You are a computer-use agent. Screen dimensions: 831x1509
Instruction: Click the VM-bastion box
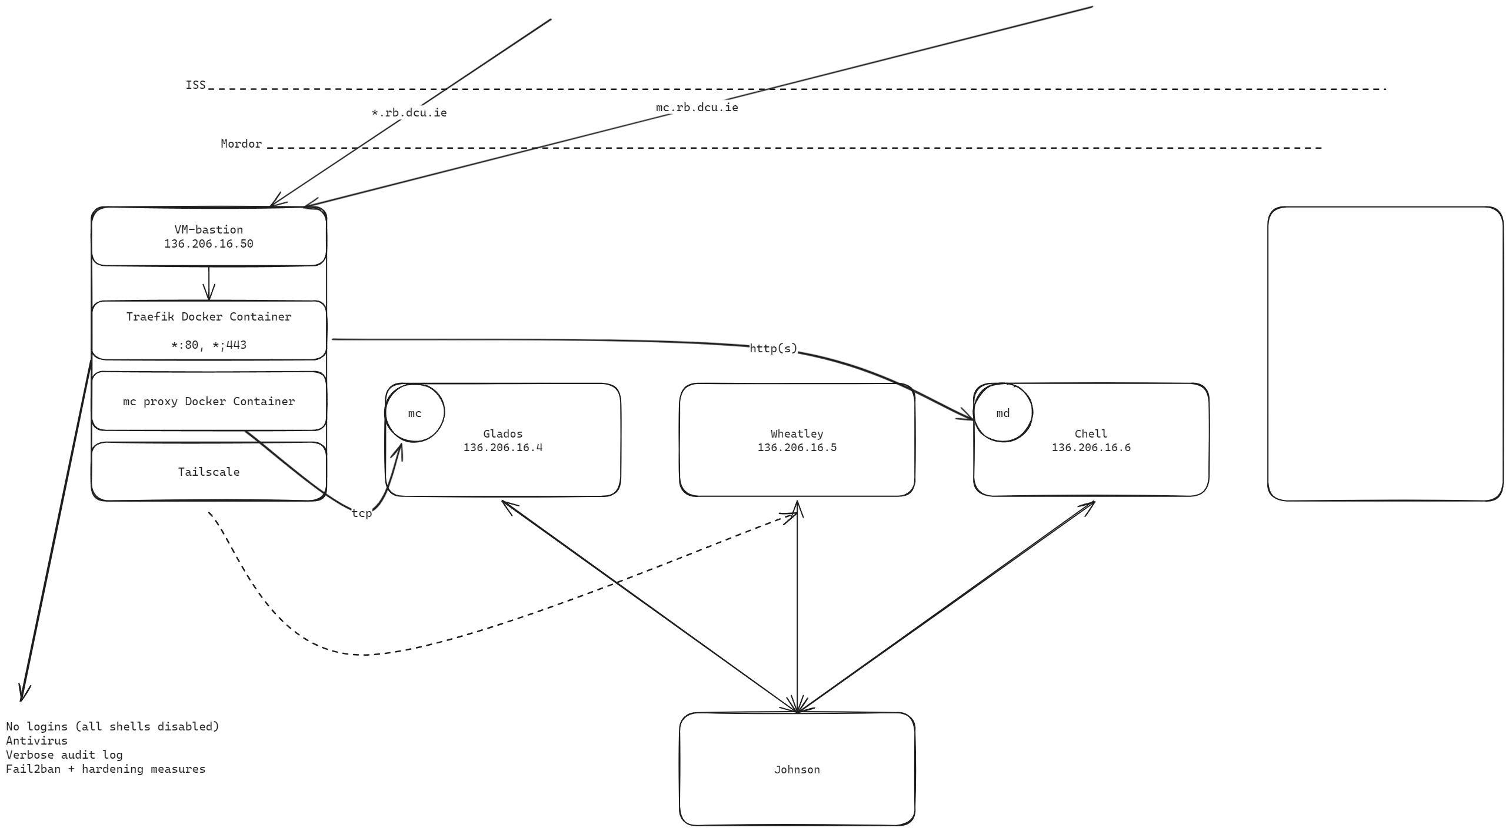(x=209, y=236)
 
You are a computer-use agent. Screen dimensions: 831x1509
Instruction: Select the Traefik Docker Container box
(x=209, y=329)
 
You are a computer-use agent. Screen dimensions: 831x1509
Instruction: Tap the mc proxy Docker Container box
(x=209, y=401)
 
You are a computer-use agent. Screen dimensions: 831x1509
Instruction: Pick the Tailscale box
(x=209, y=472)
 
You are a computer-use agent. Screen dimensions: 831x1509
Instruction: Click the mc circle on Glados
(x=415, y=413)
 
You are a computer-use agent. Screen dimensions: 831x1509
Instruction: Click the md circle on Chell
(x=1003, y=413)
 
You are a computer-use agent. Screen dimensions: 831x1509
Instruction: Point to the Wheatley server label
(x=797, y=433)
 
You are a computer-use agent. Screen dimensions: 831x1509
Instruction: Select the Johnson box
(x=797, y=769)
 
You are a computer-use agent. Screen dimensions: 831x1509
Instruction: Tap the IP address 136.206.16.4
(x=502, y=448)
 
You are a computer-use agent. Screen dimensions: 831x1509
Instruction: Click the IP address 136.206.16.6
(x=1091, y=448)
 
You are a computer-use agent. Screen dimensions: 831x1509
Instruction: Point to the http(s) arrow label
(x=773, y=348)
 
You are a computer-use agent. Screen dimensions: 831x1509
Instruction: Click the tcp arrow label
(x=362, y=513)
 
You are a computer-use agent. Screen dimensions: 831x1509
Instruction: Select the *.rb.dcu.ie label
(x=409, y=112)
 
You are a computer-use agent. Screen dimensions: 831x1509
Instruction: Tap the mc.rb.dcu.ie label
(x=697, y=107)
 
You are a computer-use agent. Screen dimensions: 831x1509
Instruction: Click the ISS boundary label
(x=196, y=85)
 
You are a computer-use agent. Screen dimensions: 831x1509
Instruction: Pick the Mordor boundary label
(x=241, y=143)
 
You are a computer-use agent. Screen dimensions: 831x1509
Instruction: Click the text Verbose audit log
(x=64, y=755)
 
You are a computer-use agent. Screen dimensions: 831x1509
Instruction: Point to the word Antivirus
(x=36, y=740)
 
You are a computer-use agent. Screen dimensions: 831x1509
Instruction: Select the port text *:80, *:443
(x=209, y=345)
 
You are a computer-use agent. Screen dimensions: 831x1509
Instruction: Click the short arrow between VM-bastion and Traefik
(x=209, y=283)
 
